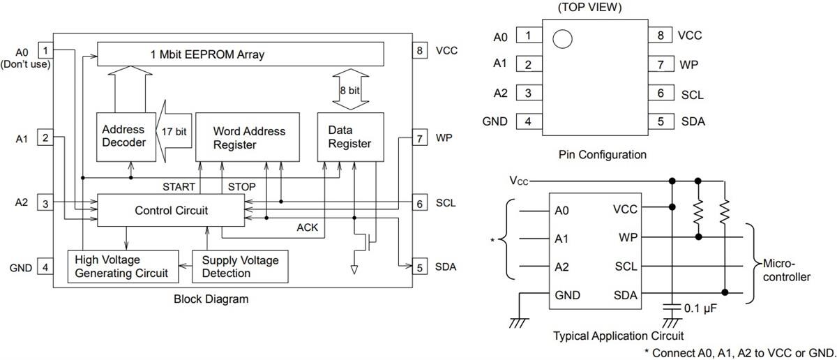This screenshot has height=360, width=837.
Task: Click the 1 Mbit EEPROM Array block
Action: (240, 54)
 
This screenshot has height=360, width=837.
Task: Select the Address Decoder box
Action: (123, 136)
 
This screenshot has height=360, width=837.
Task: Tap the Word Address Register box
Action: (249, 137)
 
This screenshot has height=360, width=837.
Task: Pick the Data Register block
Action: (349, 137)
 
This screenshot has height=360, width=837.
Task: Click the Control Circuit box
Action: (171, 210)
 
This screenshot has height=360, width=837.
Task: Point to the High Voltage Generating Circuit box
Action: (121, 267)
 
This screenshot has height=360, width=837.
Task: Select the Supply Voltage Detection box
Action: (240, 267)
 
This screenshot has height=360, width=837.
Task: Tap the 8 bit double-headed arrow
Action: (349, 89)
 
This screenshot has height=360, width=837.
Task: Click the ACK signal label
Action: (308, 227)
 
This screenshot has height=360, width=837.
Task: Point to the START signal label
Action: (179, 187)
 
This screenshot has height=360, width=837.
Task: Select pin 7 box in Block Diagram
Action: (419, 138)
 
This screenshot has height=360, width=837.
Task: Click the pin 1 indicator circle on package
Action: (562, 38)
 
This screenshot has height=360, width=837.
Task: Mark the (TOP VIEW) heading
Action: (590, 8)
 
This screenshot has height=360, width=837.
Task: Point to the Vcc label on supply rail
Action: (518, 181)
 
